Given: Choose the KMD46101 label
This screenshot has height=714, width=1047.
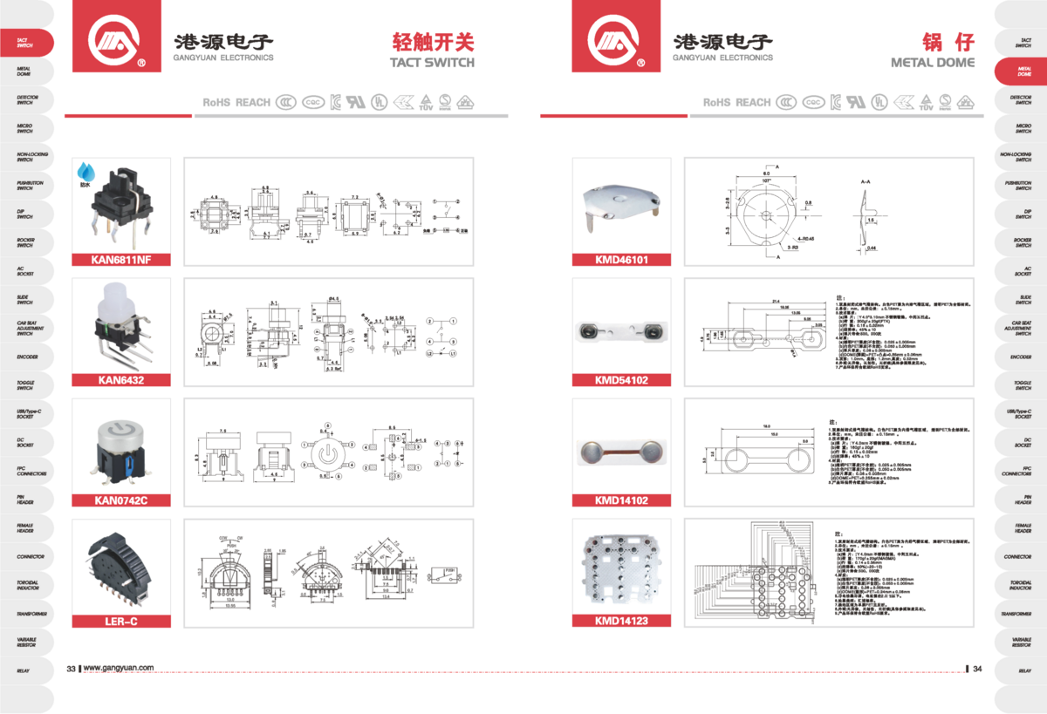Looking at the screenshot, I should pos(621,259).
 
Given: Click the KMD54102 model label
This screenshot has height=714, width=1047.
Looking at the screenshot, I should pos(621,379).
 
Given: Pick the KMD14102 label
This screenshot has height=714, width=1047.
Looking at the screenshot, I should pos(621,500).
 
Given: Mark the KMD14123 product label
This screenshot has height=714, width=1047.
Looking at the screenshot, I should pos(621,621).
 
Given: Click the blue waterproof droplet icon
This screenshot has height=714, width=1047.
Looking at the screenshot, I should pos(86,171).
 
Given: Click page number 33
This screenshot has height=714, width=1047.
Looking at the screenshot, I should pos(72,668).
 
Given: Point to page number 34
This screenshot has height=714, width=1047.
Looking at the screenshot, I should pos(977,669).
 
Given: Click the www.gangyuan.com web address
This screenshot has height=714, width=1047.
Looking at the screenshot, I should pos(119,668).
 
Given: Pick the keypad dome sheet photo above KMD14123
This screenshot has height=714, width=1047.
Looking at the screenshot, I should pos(621,568).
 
